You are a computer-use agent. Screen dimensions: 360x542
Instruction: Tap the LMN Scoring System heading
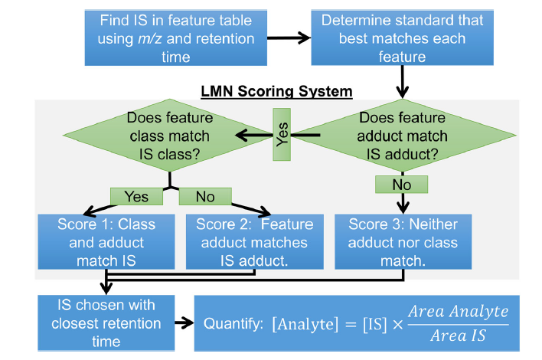coord(276,92)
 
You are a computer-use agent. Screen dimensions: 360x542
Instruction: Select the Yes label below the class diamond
coord(135,197)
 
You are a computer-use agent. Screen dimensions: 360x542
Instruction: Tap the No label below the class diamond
coord(204,197)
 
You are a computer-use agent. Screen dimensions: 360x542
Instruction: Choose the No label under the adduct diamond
coord(401,185)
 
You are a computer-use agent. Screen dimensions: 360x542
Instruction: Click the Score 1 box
coord(106,242)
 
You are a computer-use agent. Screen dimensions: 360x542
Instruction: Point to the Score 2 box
coord(254,242)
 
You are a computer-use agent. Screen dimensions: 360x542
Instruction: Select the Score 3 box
coord(403,242)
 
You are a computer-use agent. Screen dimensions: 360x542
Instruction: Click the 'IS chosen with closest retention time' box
coord(106,322)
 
